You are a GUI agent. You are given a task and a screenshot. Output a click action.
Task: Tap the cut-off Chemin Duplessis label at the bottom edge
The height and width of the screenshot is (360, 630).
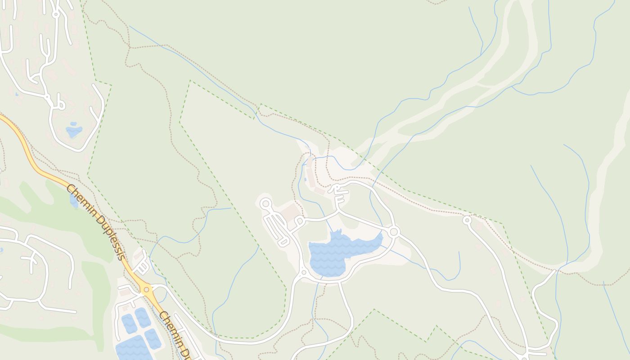pos(175,335)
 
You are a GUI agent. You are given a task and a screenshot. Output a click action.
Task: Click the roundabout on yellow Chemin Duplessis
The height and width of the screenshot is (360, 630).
pos(146,289)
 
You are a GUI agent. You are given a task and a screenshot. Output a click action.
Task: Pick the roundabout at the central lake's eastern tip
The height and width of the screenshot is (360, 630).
pos(394,232)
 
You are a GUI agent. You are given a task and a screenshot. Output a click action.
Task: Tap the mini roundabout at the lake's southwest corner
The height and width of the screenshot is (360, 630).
pos(304,272)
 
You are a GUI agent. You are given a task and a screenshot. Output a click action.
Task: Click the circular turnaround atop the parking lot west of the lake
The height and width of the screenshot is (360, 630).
pos(265,204)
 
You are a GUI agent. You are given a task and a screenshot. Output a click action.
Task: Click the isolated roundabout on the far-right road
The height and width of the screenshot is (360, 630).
pos(467,220)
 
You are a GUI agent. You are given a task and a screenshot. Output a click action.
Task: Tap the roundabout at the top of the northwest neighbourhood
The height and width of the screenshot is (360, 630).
pos(56,14)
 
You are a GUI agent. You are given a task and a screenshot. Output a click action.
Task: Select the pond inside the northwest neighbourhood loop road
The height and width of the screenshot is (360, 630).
pos(74,130)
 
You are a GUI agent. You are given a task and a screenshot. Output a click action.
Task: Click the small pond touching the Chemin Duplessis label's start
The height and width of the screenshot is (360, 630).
pos(74,201)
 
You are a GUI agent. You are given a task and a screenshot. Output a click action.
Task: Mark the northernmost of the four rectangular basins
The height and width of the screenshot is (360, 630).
pos(143,317)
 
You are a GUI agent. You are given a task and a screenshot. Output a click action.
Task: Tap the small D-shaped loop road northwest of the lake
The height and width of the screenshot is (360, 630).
pos(300,220)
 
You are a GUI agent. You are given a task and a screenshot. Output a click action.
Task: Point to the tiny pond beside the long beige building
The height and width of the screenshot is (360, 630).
pos(305,180)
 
